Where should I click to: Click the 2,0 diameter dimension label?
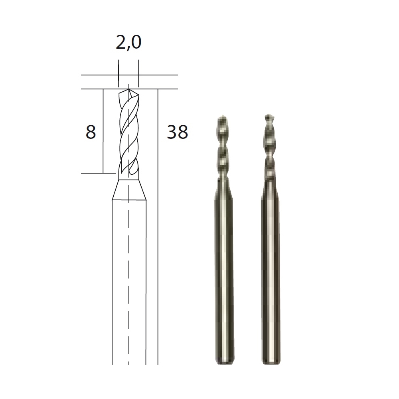tap(128, 43)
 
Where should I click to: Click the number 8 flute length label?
tap(91, 132)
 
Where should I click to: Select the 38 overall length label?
tap(178, 132)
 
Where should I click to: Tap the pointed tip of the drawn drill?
tap(129, 89)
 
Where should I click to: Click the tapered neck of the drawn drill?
tap(129, 190)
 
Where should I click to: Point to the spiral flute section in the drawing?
tap(129, 132)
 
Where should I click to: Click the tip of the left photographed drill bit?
tap(223, 116)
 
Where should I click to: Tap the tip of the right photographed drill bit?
tap(269, 116)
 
